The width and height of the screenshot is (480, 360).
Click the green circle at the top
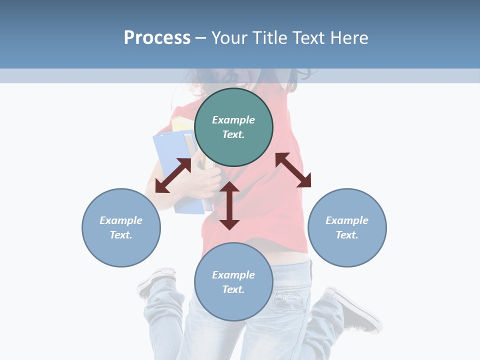(x=233, y=127)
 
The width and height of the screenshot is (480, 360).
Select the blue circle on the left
(x=121, y=227)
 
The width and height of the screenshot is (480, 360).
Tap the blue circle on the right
(x=347, y=227)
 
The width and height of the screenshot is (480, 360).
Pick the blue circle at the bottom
(x=233, y=282)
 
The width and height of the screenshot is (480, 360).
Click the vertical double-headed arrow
(x=229, y=205)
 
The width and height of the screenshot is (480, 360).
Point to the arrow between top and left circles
(x=173, y=175)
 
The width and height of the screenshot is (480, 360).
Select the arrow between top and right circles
(x=293, y=170)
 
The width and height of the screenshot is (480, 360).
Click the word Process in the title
(x=157, y=37)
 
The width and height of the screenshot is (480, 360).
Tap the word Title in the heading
(x=270, y=37)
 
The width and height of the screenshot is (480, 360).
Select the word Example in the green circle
(x=233, y=120)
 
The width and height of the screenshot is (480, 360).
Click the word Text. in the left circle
(x=121, y=235)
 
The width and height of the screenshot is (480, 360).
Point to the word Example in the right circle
(x=347, y=220)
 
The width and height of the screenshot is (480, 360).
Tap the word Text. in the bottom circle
(x=233, y=289)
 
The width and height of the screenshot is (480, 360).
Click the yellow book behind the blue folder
(x=181, y=124)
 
